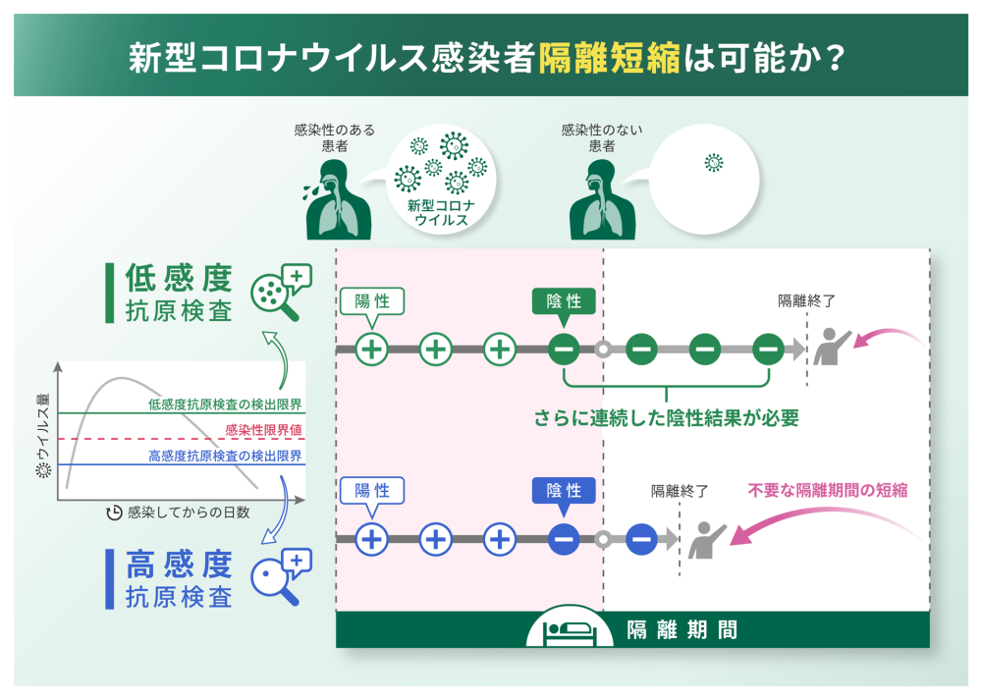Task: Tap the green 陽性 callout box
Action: pyautogui.click(x=372, y=300)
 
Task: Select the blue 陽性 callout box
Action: pyautogui.click(x=372, y=490)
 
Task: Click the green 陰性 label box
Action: pyautogui.click(x=564, y=300)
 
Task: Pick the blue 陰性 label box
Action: pyautogui.click(x=564, y=490)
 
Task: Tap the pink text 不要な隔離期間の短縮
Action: pyautogui.click(x=827, y=490)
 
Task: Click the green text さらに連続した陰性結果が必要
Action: pyautogui.click(x=667, y=417)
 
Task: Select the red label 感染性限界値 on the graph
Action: pyautogui.click(x=264, y=430)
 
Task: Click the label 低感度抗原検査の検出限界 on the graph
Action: pyautogui.click(x=225, y=404)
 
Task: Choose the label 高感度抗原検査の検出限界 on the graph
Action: pyautogui.click(x=225, y=456)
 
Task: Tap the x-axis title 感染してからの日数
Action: pyautogui.click(x=188, y=512)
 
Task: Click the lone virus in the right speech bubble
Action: pyautogui.click(x=714, y=163)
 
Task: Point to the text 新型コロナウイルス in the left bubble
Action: pyautogui.click(x=441, y=213)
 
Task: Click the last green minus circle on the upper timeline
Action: pyautogui.click(x=768, y=349)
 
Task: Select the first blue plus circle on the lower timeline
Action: pyautogui.click(x=372, y=538)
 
